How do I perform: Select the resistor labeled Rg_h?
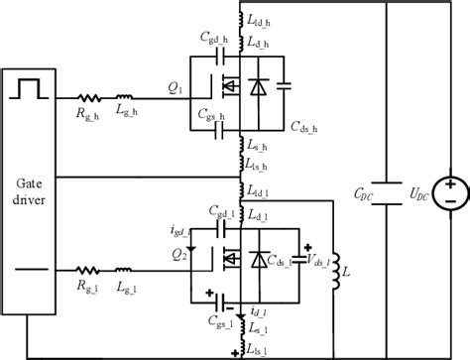(89, 99)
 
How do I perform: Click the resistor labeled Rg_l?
(89, 268)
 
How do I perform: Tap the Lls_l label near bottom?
(260, 350)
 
